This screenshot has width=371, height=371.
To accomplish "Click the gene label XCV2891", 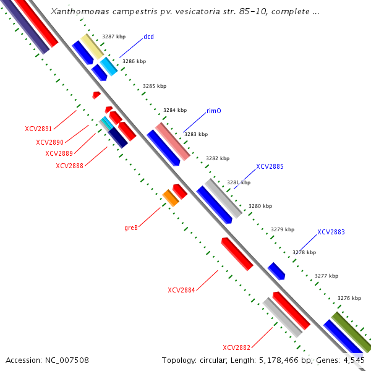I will pos(39,129).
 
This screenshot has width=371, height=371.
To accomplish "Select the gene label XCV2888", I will pos(69,166).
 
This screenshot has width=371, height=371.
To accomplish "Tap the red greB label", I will pos(130,228).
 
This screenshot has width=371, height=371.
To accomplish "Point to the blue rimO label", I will pos(214,111).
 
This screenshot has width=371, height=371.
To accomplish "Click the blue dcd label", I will pos(148,37).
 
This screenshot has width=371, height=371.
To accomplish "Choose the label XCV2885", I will pos(270,167).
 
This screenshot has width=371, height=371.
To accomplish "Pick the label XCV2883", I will pos(331,232).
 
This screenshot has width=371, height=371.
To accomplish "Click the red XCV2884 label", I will pos(181,290).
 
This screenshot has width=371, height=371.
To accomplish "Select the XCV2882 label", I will pos(236,348).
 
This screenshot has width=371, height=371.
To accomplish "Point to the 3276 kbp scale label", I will pos(349,298).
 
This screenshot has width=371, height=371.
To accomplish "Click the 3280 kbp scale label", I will pos(260,207).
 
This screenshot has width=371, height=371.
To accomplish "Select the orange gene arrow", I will pos(170,198).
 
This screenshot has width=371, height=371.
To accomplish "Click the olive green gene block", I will pos(350,331).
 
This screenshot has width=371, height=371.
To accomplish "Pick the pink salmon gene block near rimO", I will pos(173,140).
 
